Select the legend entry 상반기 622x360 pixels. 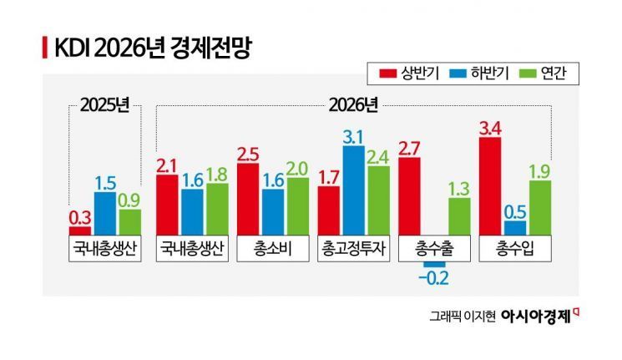(x=408, y=74)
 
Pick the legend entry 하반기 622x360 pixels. (x=470, y=74)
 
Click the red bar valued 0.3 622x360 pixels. (x=80, y=231)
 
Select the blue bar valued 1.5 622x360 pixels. (x=105, y=214)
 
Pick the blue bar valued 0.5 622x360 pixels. (x=515, y=227)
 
